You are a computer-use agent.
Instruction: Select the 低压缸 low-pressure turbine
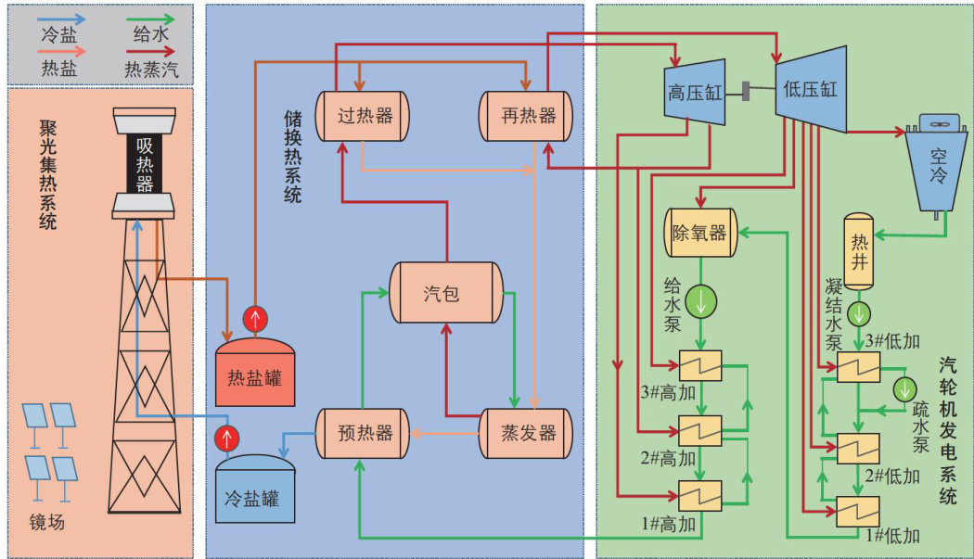[x=811, y=89]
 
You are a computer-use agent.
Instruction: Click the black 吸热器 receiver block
[x=145, y=165]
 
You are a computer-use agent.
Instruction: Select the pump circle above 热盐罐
[x=254, y=318]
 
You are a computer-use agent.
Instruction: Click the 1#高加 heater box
[x=701, y=495]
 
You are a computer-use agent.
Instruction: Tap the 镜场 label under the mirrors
[x=46, y=522]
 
